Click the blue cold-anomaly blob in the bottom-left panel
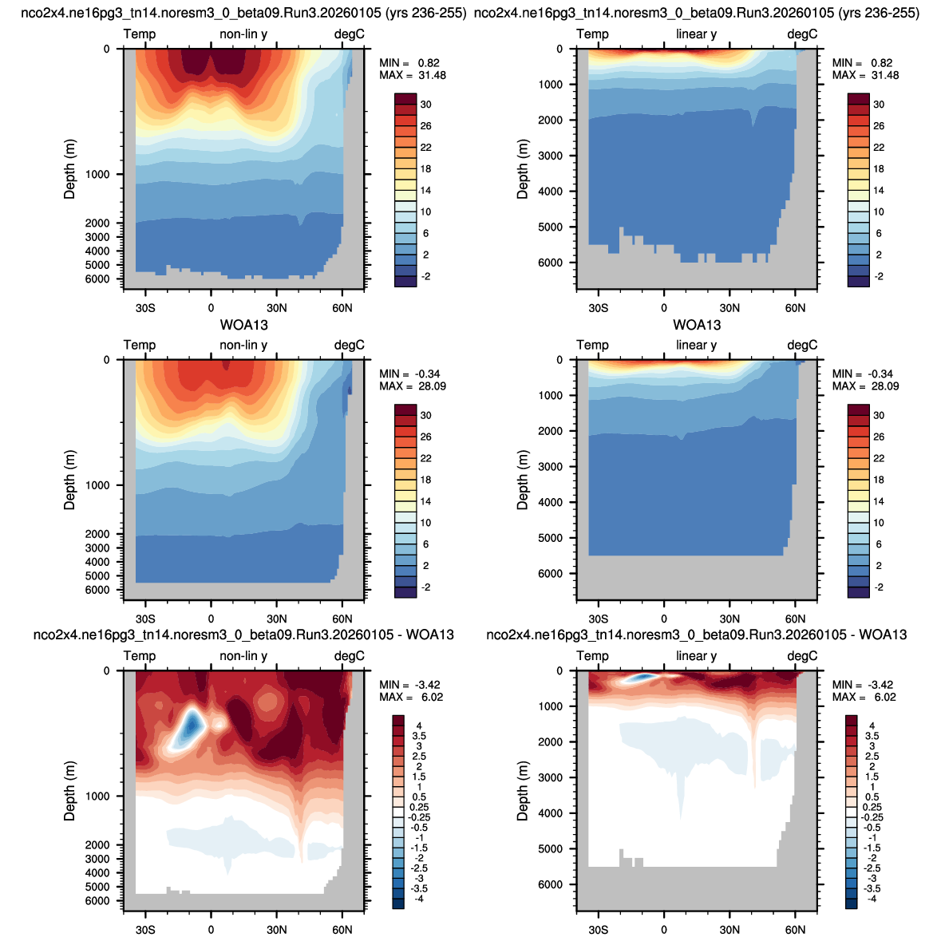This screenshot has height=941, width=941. tap(191, 728)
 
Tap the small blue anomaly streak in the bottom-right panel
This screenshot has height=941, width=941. tap(640, 677)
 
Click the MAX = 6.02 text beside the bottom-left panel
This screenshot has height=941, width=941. tap(411, 697)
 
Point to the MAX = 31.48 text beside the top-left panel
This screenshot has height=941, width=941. tap(413, 75)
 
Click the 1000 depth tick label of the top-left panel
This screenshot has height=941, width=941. tap(98, 175)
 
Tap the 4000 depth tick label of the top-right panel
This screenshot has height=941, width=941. tap(551, 192)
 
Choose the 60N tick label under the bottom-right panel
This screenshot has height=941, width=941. tap(795, 930)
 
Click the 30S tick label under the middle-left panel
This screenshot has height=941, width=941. tap(145, 619)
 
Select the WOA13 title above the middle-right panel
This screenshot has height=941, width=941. tap(697, 326)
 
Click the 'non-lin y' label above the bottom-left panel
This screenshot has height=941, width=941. tap(243, 656)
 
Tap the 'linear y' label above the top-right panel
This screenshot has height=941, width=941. tap(696, 34)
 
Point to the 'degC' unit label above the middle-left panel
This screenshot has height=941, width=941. tap(350, 345)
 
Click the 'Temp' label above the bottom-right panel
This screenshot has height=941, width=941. tap(592, 656)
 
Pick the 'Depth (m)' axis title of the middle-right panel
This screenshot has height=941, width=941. tap(523, 480)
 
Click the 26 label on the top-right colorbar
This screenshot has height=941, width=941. tap(879, 126)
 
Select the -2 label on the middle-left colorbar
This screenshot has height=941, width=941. tap(425, 587)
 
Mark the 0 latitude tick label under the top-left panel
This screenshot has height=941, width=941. tap(211, 308)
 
